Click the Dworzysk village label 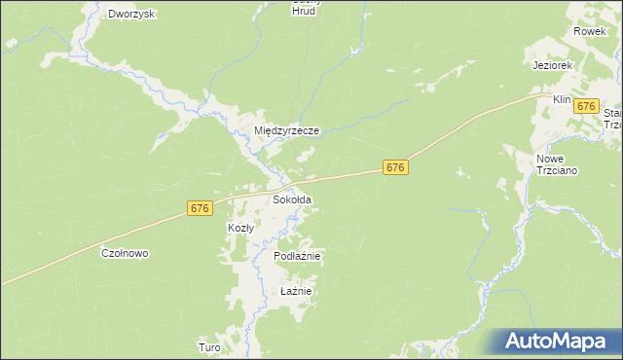point(133,15)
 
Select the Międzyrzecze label point(286,129)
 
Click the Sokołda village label point(292,199)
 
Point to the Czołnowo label point(125,253)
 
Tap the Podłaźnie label point(298,256)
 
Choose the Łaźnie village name point(295,291)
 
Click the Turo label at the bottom point(209,347)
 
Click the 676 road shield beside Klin point(586,106)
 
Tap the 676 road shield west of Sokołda point(199,208)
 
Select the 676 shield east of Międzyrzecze point(394,168)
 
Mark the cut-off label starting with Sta point(612,114)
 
